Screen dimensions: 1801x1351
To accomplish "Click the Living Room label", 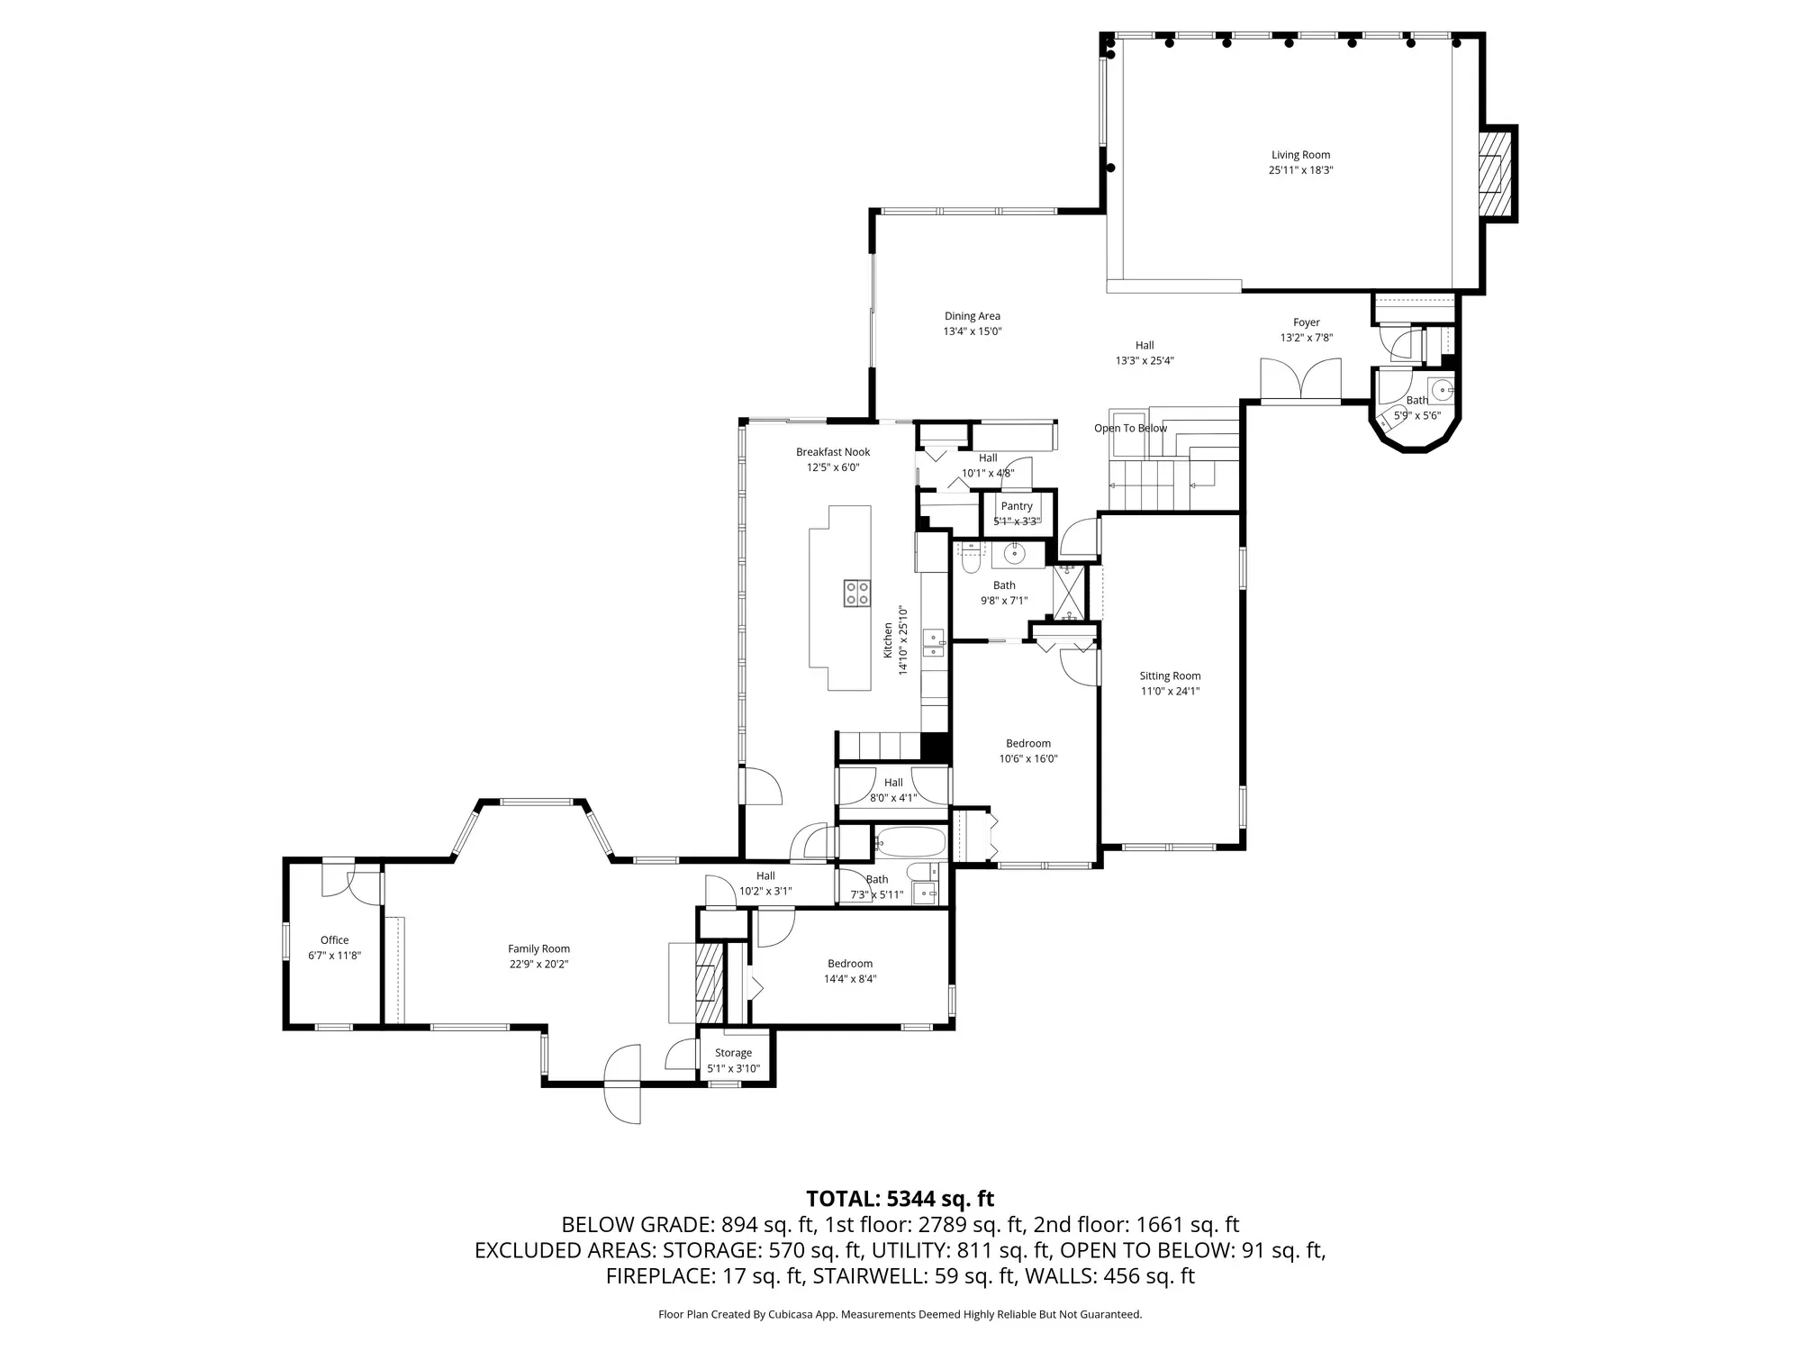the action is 1300,155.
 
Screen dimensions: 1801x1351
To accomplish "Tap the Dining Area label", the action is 973,316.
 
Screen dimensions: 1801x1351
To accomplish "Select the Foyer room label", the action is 1307,322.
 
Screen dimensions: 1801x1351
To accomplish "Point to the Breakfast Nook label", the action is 833,452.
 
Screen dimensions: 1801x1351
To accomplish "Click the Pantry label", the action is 1017,506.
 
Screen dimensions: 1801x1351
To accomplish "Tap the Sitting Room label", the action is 1170,676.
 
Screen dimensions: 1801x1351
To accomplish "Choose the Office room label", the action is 334,940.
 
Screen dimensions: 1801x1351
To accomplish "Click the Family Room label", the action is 538,948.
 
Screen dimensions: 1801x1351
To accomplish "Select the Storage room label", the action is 733,1053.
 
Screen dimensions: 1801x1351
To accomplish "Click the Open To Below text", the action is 1130,428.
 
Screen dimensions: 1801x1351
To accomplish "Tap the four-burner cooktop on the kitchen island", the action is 857,593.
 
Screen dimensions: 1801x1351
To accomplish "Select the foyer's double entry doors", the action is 1300,379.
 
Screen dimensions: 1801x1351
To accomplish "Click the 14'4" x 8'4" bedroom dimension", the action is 850,979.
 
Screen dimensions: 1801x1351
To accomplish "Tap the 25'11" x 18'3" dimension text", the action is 1300,170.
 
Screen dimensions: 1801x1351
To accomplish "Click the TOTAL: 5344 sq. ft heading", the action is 900,1199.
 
